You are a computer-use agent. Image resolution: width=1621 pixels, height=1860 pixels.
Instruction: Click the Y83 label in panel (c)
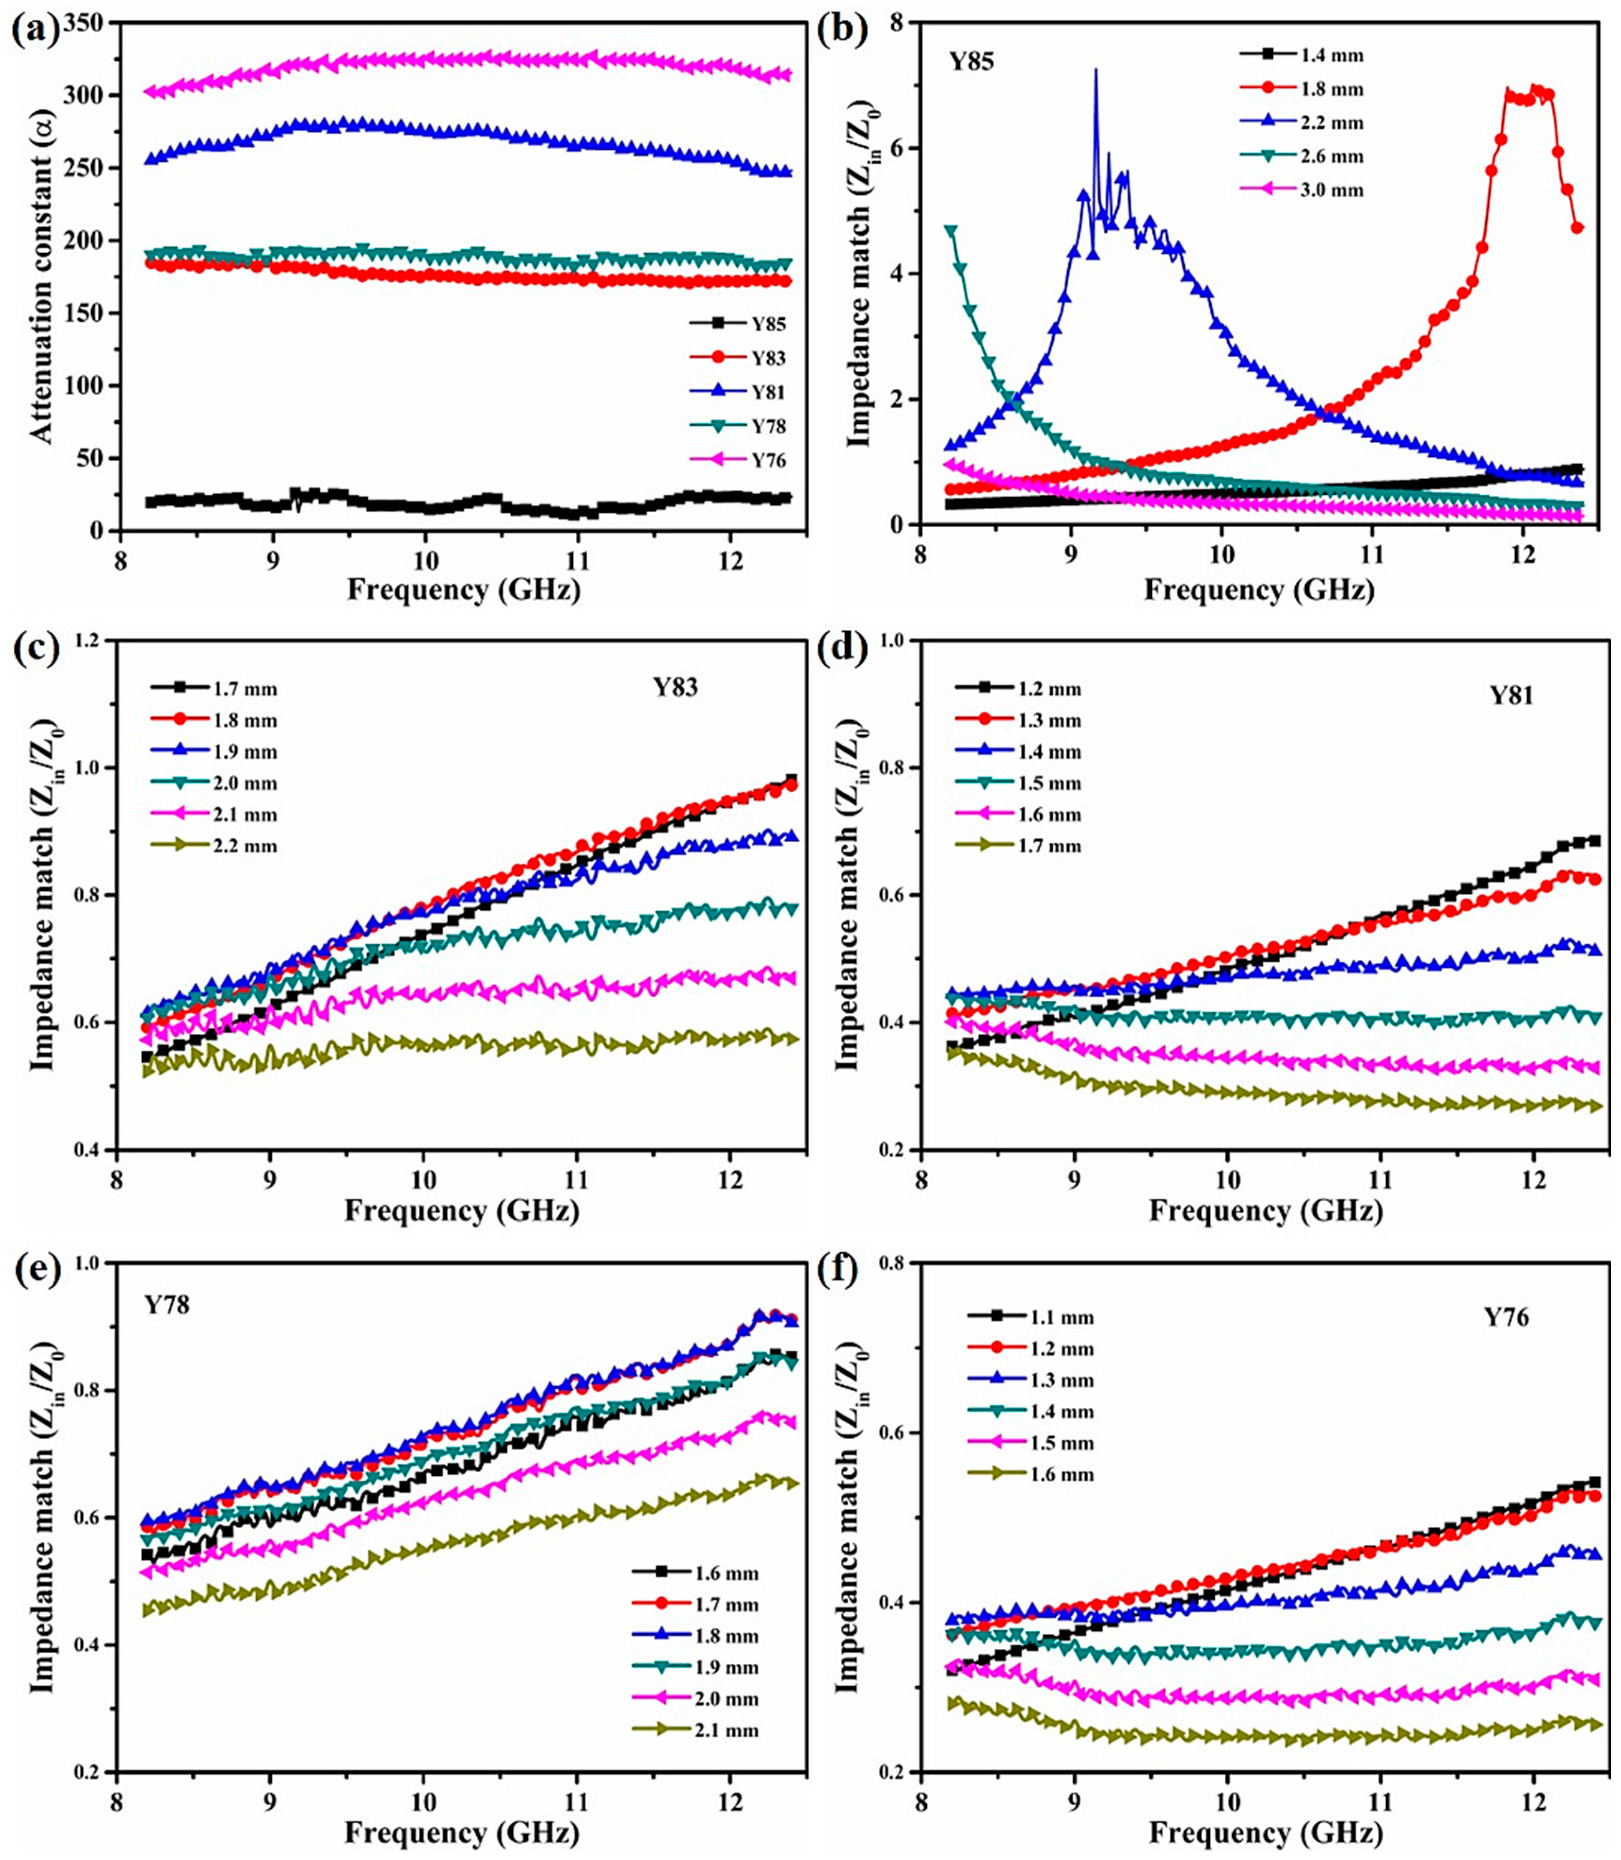pos(676,688)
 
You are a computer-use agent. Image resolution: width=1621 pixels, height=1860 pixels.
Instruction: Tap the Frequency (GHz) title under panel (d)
pos(1265,1211)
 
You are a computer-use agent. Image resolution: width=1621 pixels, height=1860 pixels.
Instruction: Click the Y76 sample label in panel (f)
pos(1506,1317)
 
